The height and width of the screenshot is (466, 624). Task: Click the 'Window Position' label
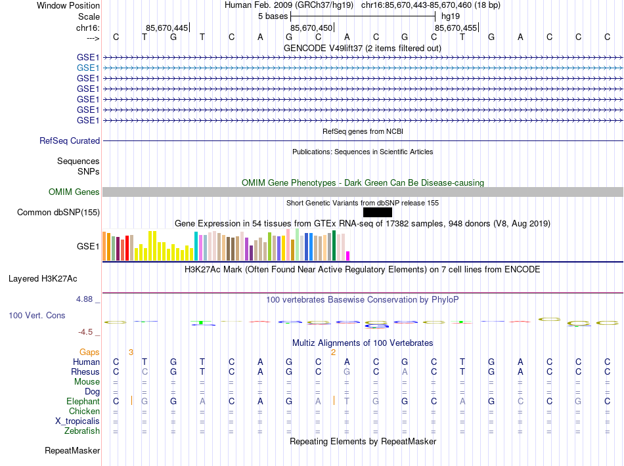tap(68, 5)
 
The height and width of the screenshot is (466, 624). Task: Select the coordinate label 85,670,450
tap(311, 28)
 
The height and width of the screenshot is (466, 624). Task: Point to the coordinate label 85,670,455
tap(456, 28)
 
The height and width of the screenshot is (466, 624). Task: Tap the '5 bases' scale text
tap(273, 15)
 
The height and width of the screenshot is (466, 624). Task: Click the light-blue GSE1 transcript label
tap(88, 68)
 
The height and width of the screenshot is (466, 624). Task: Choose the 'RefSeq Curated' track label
tap(70, 140)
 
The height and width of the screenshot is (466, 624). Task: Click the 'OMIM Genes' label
tap(74, 192)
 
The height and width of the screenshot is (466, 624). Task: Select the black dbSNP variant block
tap(377, 212)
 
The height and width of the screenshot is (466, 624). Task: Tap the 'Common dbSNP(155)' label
tap(58, 212)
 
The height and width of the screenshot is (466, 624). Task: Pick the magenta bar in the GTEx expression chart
tap(348, 256)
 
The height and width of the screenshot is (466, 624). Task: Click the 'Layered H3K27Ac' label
tap(54, 278)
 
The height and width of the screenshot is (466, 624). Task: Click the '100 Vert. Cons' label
tap(37, 316)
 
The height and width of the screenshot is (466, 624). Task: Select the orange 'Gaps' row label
tap(89, 352)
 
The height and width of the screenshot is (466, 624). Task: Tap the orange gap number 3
tap(131, 352)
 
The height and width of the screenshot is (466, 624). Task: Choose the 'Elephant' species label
tap(83, 401)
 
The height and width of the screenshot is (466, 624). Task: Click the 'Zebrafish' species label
tap(82, 431)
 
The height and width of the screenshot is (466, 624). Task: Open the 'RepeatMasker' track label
tap(72, 451)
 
